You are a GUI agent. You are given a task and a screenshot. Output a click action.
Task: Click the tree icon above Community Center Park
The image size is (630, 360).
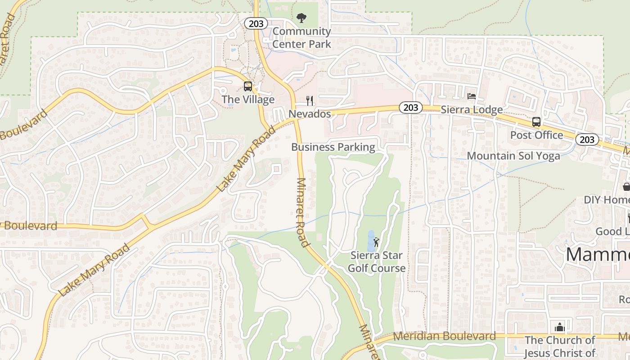(x=301, y=18)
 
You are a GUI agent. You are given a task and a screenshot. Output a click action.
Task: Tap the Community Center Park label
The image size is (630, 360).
(x=301, y=38)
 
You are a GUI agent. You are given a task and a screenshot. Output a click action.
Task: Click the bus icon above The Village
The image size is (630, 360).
(x=247, y=86)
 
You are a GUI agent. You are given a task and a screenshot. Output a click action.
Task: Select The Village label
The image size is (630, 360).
(x=248, y=100)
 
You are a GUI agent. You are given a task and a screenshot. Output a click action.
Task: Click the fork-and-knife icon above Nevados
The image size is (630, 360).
(x=310, y=100)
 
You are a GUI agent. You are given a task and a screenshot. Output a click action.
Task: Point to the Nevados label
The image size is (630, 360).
(x=310, y=114)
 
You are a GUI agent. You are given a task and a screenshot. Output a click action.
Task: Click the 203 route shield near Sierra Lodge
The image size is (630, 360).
(x=410, y=108)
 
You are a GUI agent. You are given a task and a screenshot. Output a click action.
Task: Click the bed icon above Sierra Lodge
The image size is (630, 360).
(x=472, y=96)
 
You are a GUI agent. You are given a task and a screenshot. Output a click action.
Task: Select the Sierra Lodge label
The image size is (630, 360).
(x=472, y=110)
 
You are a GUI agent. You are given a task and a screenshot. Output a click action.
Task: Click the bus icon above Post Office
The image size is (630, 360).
(x=536, y=121)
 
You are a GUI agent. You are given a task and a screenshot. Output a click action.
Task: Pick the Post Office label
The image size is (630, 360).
(x=536, y=135)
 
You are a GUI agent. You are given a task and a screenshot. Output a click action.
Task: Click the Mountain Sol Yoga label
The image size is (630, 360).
(x=513, y=156)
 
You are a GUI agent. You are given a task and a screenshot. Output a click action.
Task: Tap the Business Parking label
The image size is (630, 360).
(x=333, y=147)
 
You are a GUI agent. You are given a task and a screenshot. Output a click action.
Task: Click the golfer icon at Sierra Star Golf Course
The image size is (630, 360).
(x=377, y=242)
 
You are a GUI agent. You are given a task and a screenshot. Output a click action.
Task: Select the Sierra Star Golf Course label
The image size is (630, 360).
(x=377, y=262)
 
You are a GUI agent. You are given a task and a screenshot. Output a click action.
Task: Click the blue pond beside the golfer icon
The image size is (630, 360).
(x=370, y=241)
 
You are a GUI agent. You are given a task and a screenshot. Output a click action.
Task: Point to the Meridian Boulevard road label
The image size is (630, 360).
(x=445, y=336)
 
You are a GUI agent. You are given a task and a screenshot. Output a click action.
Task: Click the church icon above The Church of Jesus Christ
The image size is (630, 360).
(x=559, y=327)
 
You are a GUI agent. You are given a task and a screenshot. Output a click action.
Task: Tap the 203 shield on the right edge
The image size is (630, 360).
(x=587, y=139)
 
